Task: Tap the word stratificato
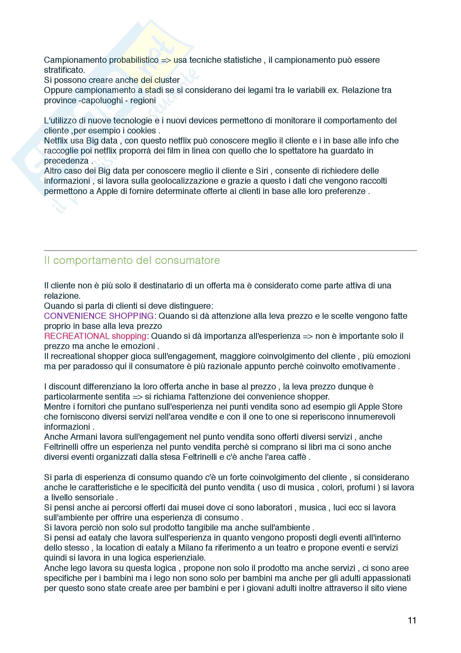(x=64, y=70)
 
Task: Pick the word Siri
(x=262, y=171)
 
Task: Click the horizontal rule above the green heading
(x=230, y=250)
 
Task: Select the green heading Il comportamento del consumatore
(x=132, y=260)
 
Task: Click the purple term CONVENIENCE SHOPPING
(x=99, y=316)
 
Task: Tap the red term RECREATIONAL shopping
(x=95, y=336)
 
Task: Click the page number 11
(x=412, y=620)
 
